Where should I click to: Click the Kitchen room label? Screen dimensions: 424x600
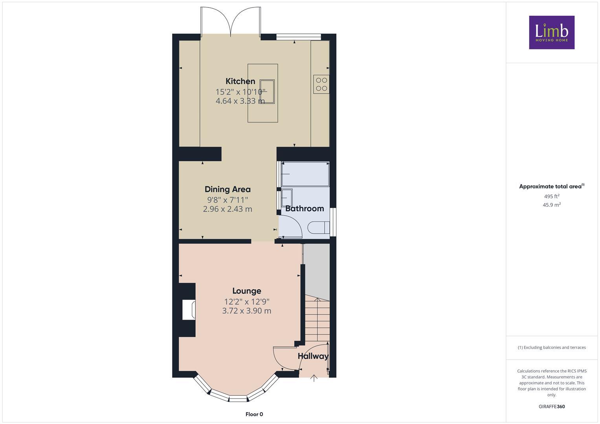(x=240, y=81)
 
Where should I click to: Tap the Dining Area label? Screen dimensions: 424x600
(x=228, y=189)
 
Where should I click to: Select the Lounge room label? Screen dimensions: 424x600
(x=246, y=291)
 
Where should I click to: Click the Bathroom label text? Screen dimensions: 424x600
(x=305, y=208)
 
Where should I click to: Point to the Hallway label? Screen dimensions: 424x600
(x=313, y=356)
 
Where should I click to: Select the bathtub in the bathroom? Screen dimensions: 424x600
(x=305, y=174)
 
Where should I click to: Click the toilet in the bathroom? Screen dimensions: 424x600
(x=319, y=228)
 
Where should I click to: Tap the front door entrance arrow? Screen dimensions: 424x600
(x=314, y=378)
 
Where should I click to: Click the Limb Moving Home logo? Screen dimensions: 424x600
(x=552, y=32)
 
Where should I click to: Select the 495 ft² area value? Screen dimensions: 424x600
(x=552, y=196)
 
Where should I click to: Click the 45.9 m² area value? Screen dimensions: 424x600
(x=552, y=205)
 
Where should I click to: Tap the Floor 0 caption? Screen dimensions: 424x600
(x=254, y=414)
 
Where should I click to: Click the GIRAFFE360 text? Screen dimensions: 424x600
(x=552, y=407)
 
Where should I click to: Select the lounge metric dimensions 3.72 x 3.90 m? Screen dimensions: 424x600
(x=246, y=311)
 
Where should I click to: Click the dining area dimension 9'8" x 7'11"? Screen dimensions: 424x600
(x=228, y=200)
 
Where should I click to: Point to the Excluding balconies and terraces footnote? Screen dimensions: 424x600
(x=552, y=347)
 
